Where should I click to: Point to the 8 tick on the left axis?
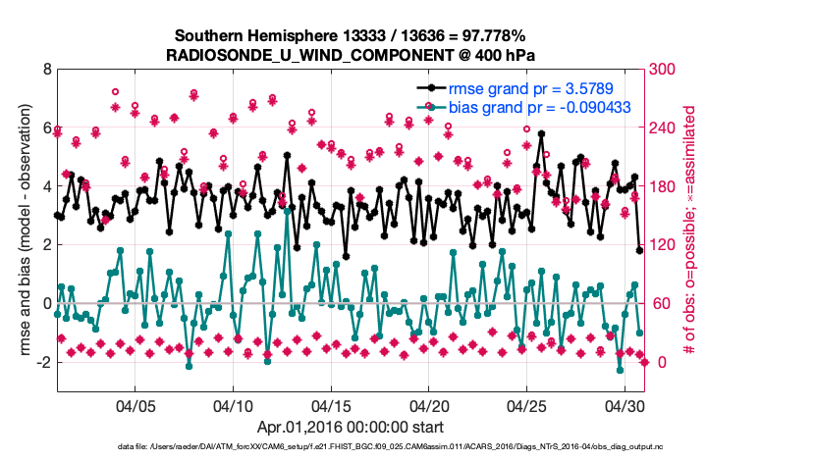[x=46, y=70]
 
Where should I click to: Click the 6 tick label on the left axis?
[x=46, y=128]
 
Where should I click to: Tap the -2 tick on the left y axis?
[x=43, y=362]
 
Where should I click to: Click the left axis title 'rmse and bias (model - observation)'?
[x=20, y=230]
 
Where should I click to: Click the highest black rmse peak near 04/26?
[x=542, y=134]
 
